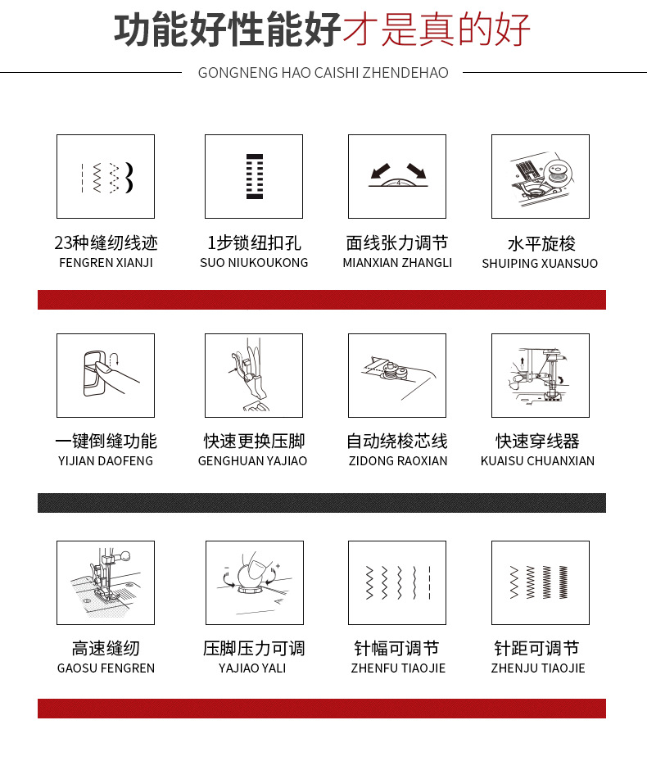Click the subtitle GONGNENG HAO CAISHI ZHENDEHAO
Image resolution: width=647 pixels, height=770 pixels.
pyautogui.click(x=323, y=73)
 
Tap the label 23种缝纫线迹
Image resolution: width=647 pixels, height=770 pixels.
pyautogui.click(x=106, y=243)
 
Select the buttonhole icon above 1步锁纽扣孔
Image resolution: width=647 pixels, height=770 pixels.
pyautogui.click(x=254, y=176)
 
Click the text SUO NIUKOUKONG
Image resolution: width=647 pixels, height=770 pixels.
pyautogui.click(x=254, y=263)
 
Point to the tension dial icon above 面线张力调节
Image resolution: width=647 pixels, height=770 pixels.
pyautogui.click(x=397, y=176)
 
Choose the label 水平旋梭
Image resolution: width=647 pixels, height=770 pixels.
pyautogui.click(x=541, y=243)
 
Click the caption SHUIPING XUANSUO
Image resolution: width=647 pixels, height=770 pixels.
pyautogui.click(x=540, y=264)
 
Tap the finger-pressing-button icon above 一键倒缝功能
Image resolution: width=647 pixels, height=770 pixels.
pyautogui.click(x=106, y=375)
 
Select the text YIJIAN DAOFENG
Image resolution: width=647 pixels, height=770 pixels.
pyautogui.click(x=106, y=460)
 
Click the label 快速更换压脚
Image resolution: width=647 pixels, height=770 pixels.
pyautogui.click(x=254, y=441)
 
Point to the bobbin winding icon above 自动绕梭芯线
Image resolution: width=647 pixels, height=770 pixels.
pyautogui.click(x=397, y=375)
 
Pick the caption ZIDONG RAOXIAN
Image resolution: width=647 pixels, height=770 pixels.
pyautogui.click(x=397, y=460)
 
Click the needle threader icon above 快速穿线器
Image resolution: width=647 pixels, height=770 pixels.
pyautogui.click(x=541, y=375)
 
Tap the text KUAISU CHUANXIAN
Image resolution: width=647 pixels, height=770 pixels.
pyautogui.click(x=537, y=460)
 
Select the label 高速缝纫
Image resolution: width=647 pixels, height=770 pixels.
pyautogui.click(x=106, y=648)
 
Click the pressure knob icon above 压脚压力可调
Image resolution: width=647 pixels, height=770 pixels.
pyautogui.click(x=254, y=582)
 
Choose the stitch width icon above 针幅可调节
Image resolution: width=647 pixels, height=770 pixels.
pyautogui.click(x=397, y=582)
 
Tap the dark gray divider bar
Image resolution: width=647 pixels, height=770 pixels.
pyautogui.click(x=322, y=502)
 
